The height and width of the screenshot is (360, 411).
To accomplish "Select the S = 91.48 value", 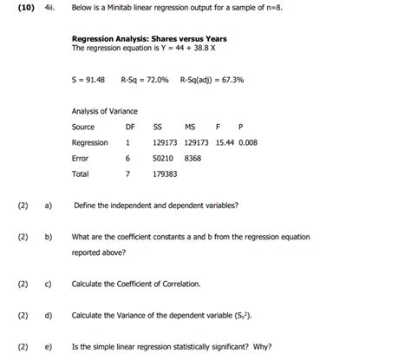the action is point(88,79).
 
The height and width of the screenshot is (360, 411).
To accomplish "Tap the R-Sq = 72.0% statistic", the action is point(145,79).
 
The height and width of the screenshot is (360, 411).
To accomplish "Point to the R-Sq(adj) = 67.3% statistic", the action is point(212,79).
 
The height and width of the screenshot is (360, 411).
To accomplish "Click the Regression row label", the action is point(89,142).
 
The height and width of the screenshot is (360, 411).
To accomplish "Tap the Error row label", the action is point(80,159).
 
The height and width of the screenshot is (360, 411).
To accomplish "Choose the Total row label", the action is point(80,174).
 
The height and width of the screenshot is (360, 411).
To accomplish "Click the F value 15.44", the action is point(225,142).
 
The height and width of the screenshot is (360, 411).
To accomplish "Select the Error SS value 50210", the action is point(163,159).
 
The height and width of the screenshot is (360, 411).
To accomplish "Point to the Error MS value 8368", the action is point(193,159).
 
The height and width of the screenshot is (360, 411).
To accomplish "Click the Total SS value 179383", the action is point(165,174).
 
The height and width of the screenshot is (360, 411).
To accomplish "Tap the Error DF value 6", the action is point(127,159).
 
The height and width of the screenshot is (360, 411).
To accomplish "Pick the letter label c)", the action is point(49,284).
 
